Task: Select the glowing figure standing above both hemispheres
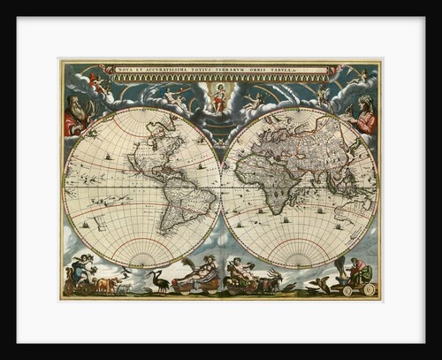[219, 97]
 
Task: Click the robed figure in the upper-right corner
[364, 115]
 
